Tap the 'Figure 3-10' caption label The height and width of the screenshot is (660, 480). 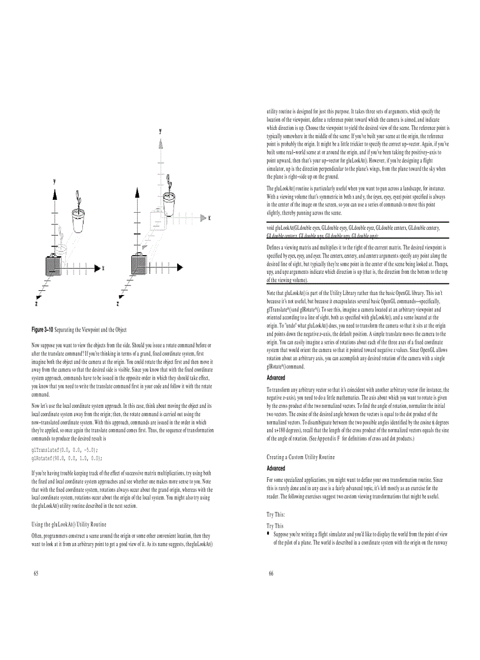pos(42,330)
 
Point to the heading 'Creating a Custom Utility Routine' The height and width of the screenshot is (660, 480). pos(301,457)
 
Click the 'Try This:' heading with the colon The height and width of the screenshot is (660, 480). pos(276,514)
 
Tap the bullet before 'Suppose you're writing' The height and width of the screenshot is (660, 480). pos(268,534)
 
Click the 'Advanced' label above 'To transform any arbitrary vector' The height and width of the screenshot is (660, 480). pos(276,378)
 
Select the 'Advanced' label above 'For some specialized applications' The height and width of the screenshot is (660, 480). pos(276,468)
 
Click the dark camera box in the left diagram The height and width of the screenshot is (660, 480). pos(54,267)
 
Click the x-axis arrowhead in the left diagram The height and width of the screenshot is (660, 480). pos(97,268)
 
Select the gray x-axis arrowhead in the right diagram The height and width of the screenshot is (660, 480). pos(203,218)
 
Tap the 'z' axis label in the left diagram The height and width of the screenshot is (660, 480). pos(36,304)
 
